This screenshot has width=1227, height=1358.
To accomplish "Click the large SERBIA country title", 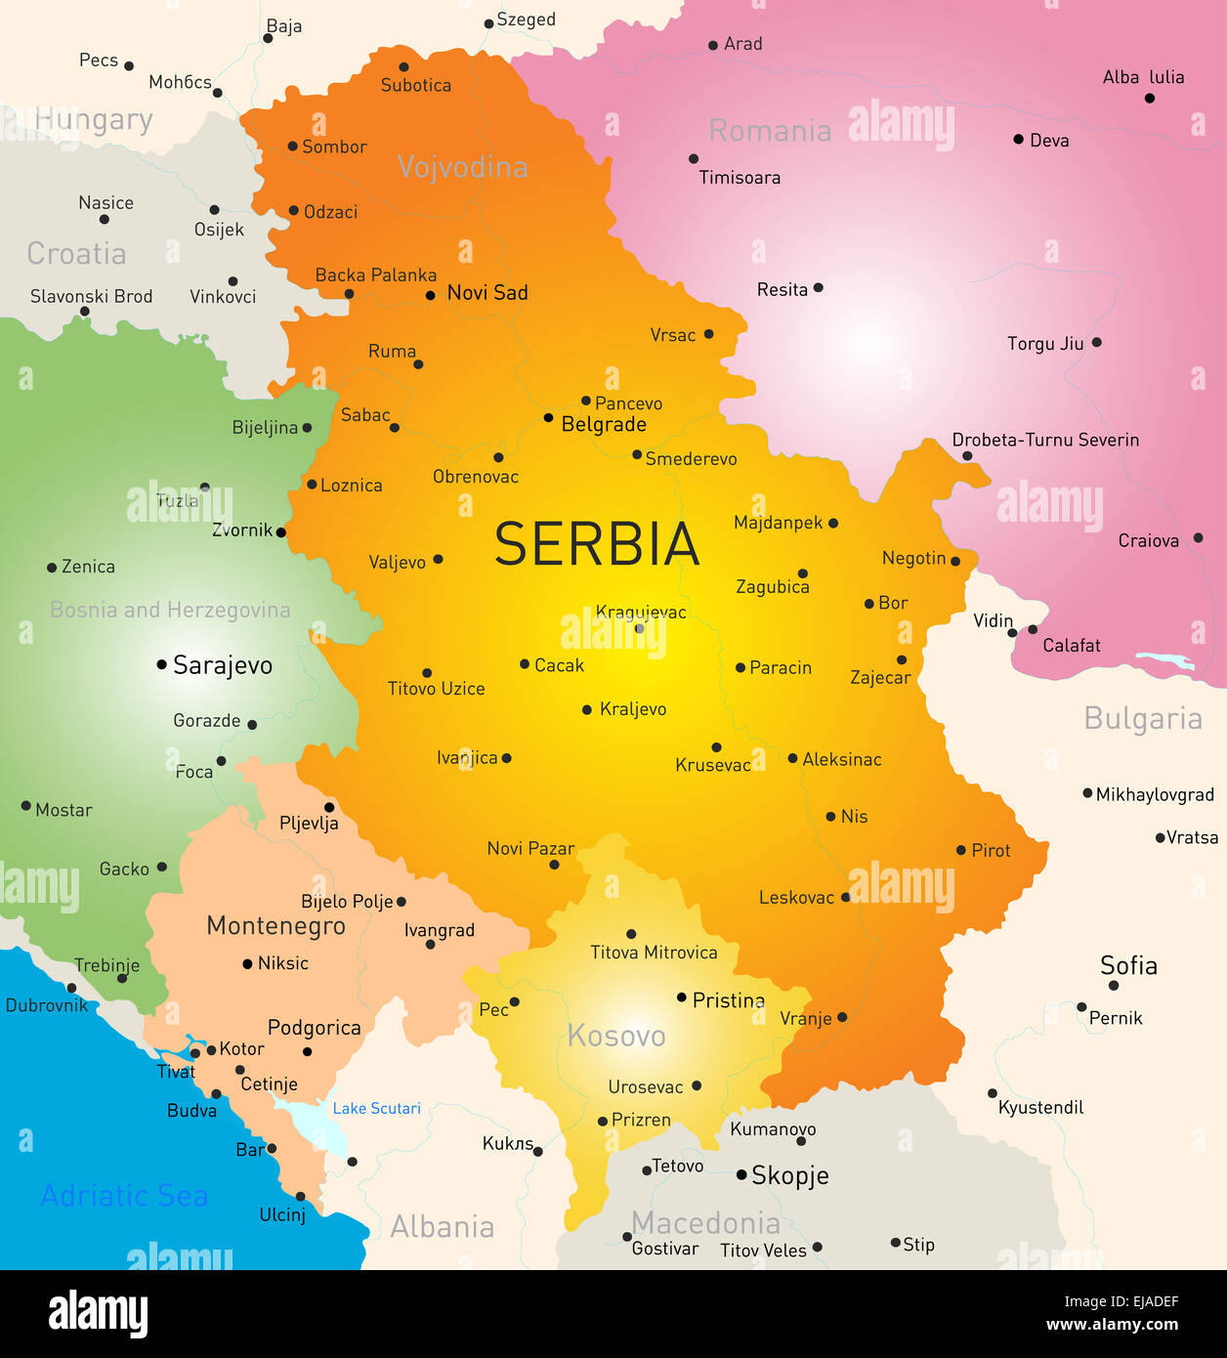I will (597, 544).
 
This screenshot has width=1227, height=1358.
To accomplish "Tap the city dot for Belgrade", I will (548, 418).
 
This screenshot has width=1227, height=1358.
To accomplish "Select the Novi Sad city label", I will (487, 293).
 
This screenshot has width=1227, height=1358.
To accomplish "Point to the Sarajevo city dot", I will (161, 664).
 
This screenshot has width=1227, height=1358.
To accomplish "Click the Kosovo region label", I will (615, 1036).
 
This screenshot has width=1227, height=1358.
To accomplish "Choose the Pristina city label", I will (728, 1000).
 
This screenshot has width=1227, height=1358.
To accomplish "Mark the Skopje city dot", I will (741, 1174).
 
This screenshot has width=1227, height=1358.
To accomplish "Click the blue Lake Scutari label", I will (376, 1108).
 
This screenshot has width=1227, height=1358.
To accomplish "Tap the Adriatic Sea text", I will (124, 1196).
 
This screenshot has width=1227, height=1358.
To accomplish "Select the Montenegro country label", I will (275, 925).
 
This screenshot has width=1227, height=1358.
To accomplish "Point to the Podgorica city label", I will (314, 1028).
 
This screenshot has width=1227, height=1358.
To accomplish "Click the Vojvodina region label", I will (462, 167).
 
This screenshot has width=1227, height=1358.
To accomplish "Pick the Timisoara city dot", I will (694, 158).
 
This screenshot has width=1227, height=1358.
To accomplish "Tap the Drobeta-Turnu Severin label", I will (1045, 440).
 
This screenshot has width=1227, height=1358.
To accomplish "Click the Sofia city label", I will (1128, 965).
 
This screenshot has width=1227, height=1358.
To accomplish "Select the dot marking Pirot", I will (961, 850).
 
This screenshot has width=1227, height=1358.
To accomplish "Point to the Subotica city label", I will (416, 85).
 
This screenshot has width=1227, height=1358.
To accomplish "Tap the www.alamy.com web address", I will (1112, 1325).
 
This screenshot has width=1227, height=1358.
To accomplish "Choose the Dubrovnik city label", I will (47, 1005).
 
